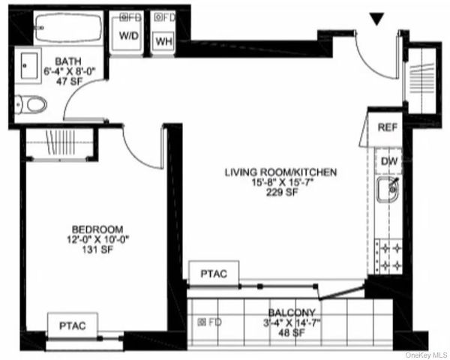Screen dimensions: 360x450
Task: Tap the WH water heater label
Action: pyautogui.click(x=163, y=40)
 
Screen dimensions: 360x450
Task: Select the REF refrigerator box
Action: pyautogui.click(x=387, y=128)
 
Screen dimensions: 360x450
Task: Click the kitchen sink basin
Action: pyautogui.click(x=388, y=193)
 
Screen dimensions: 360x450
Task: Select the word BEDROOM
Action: pyautogui.click(x=97, y=229)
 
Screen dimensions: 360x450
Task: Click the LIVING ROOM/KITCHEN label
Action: pyautogui.click(x=281, y=172)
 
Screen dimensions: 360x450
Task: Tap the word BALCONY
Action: pyautogui.click(x=292, y=313)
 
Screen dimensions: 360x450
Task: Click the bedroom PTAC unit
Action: pyautogui.click(x=72, y=325)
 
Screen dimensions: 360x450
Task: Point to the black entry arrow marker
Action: pyautogui.click(x=377, y=20)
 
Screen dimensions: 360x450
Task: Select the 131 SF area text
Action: pyautogui.click(x=97, y=250)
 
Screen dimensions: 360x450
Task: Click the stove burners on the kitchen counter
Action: pyautogui.click(x=389, y=256)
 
